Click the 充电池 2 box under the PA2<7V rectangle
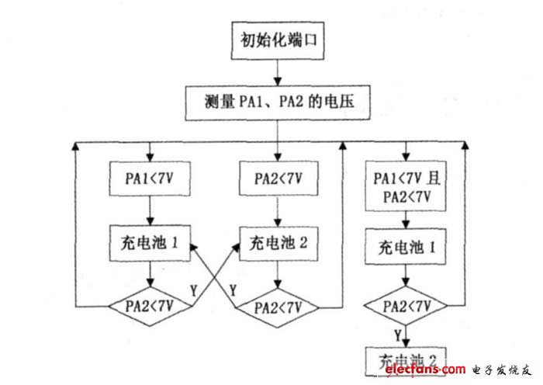click(x=278, y=241)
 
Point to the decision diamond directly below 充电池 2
click(x=278, y=306)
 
